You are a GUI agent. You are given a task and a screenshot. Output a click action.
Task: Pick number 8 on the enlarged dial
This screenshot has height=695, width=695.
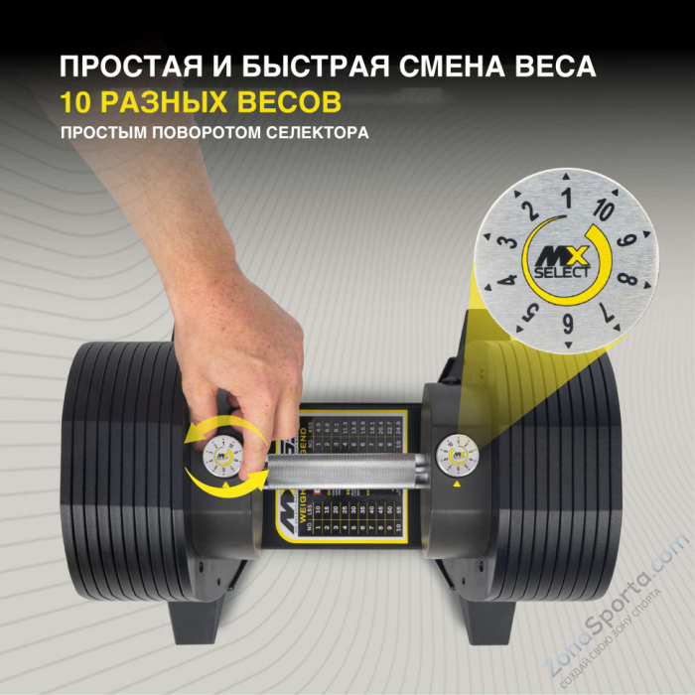[625, 279]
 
